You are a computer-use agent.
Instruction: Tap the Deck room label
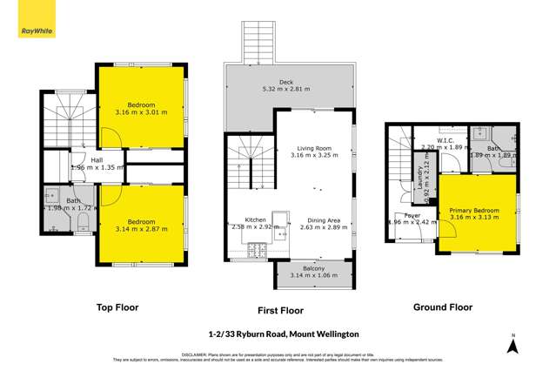[291, 81]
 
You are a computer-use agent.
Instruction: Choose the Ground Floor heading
[443, 307]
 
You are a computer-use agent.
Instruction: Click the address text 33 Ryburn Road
[278, 334]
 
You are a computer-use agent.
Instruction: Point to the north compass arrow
[513, 347]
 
